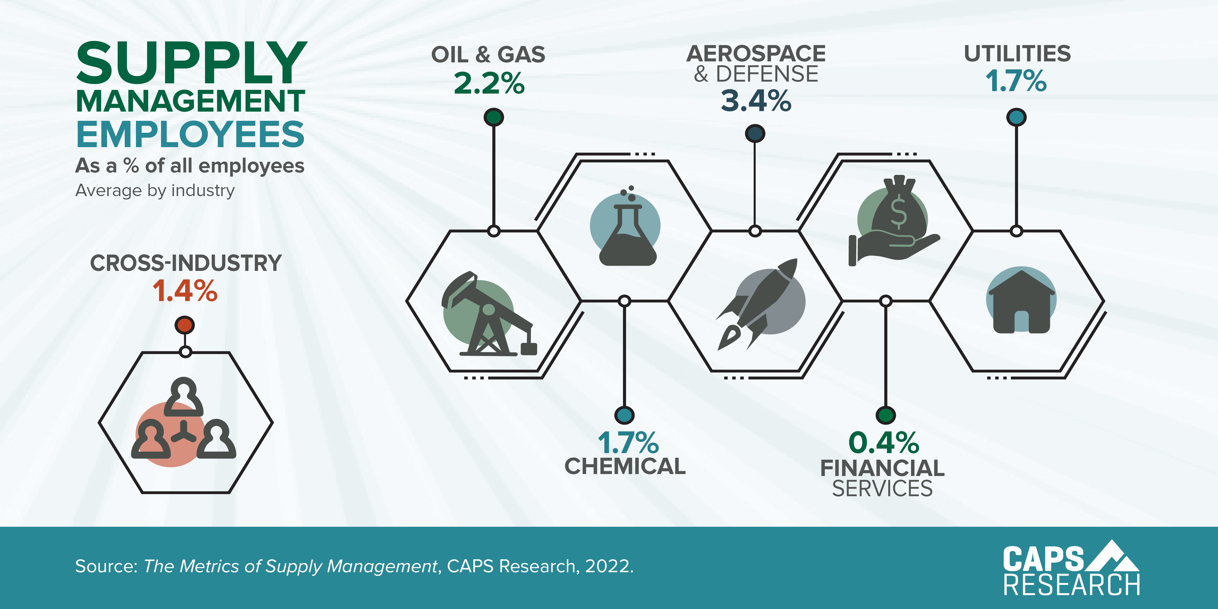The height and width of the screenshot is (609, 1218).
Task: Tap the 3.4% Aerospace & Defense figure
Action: [x=756, y=101]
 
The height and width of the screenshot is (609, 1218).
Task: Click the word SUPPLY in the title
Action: [x=191, y=63]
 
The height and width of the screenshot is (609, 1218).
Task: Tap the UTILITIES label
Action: [x=1017, y=54]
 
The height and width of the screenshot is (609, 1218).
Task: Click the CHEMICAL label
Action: [x=625, y=466]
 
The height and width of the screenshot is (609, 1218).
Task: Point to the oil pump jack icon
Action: [x=487, y=314]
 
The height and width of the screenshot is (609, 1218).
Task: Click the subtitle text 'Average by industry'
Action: [x=155, y=190]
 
